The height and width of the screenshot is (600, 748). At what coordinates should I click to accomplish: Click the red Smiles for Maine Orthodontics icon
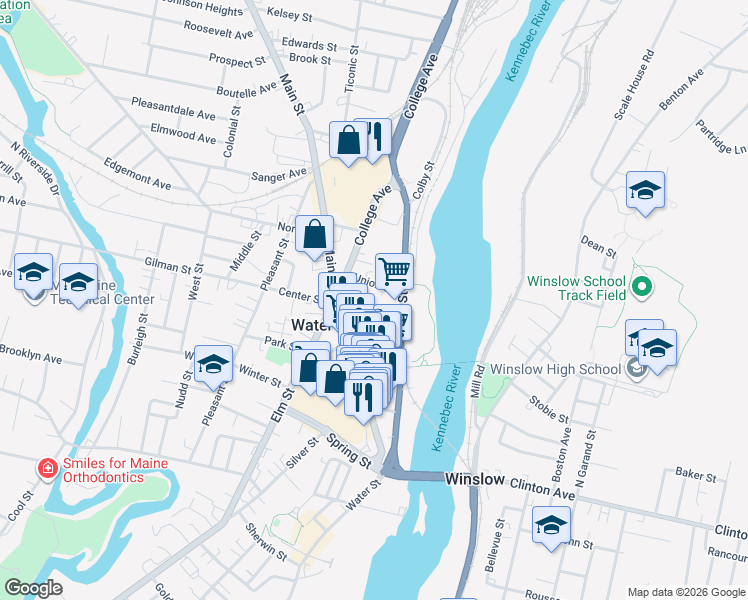[x=46, y=468]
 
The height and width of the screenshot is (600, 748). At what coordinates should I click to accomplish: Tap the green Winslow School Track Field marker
[x=643, y=289]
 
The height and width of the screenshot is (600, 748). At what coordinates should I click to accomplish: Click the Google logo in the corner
[x=33, y=588]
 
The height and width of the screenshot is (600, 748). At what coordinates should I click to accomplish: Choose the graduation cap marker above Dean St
[x=645, y=191]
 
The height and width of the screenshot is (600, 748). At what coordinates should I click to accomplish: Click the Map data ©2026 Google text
[x=685, y=591]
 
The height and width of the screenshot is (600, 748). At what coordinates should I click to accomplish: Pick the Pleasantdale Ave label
[x=174, y=109]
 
